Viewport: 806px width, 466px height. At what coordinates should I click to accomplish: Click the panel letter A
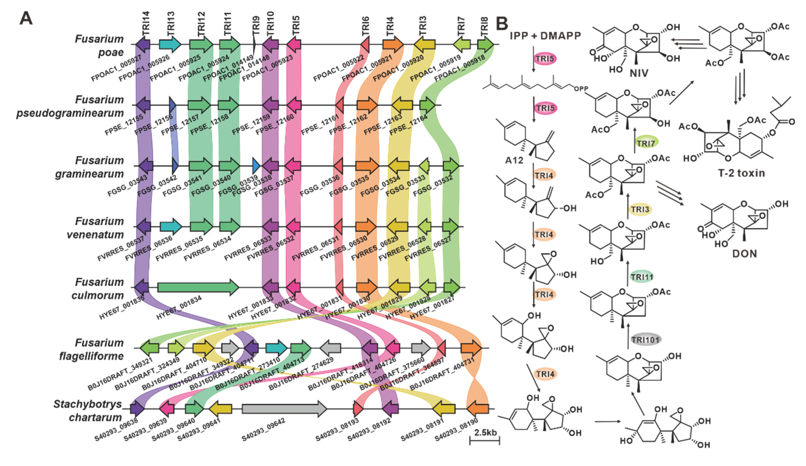(x=26, y=18)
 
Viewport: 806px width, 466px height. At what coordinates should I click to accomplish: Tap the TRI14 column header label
(x=146, y=24)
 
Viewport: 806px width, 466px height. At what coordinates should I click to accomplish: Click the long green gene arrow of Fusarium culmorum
(x=198, y=287)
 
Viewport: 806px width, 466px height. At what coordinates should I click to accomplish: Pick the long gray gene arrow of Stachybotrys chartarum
(x=284, y=409)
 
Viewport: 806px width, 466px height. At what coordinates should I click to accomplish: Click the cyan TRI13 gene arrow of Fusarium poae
(x=170, y=44)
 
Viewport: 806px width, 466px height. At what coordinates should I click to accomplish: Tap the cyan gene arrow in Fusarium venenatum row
(x=170, y=227)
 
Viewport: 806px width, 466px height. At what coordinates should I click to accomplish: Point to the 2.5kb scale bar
(x=485, y=441)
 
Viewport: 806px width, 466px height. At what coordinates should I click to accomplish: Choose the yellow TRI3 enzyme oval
(x=640, y=210)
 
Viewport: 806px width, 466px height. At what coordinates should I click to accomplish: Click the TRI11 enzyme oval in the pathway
(x=642, y=277)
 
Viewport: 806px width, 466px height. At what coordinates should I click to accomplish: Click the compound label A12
(x=514, y=160)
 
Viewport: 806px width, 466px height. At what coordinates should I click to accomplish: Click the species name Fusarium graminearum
(x=90, y=167)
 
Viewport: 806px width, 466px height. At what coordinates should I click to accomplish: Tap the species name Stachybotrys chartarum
(x=88, y=411)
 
